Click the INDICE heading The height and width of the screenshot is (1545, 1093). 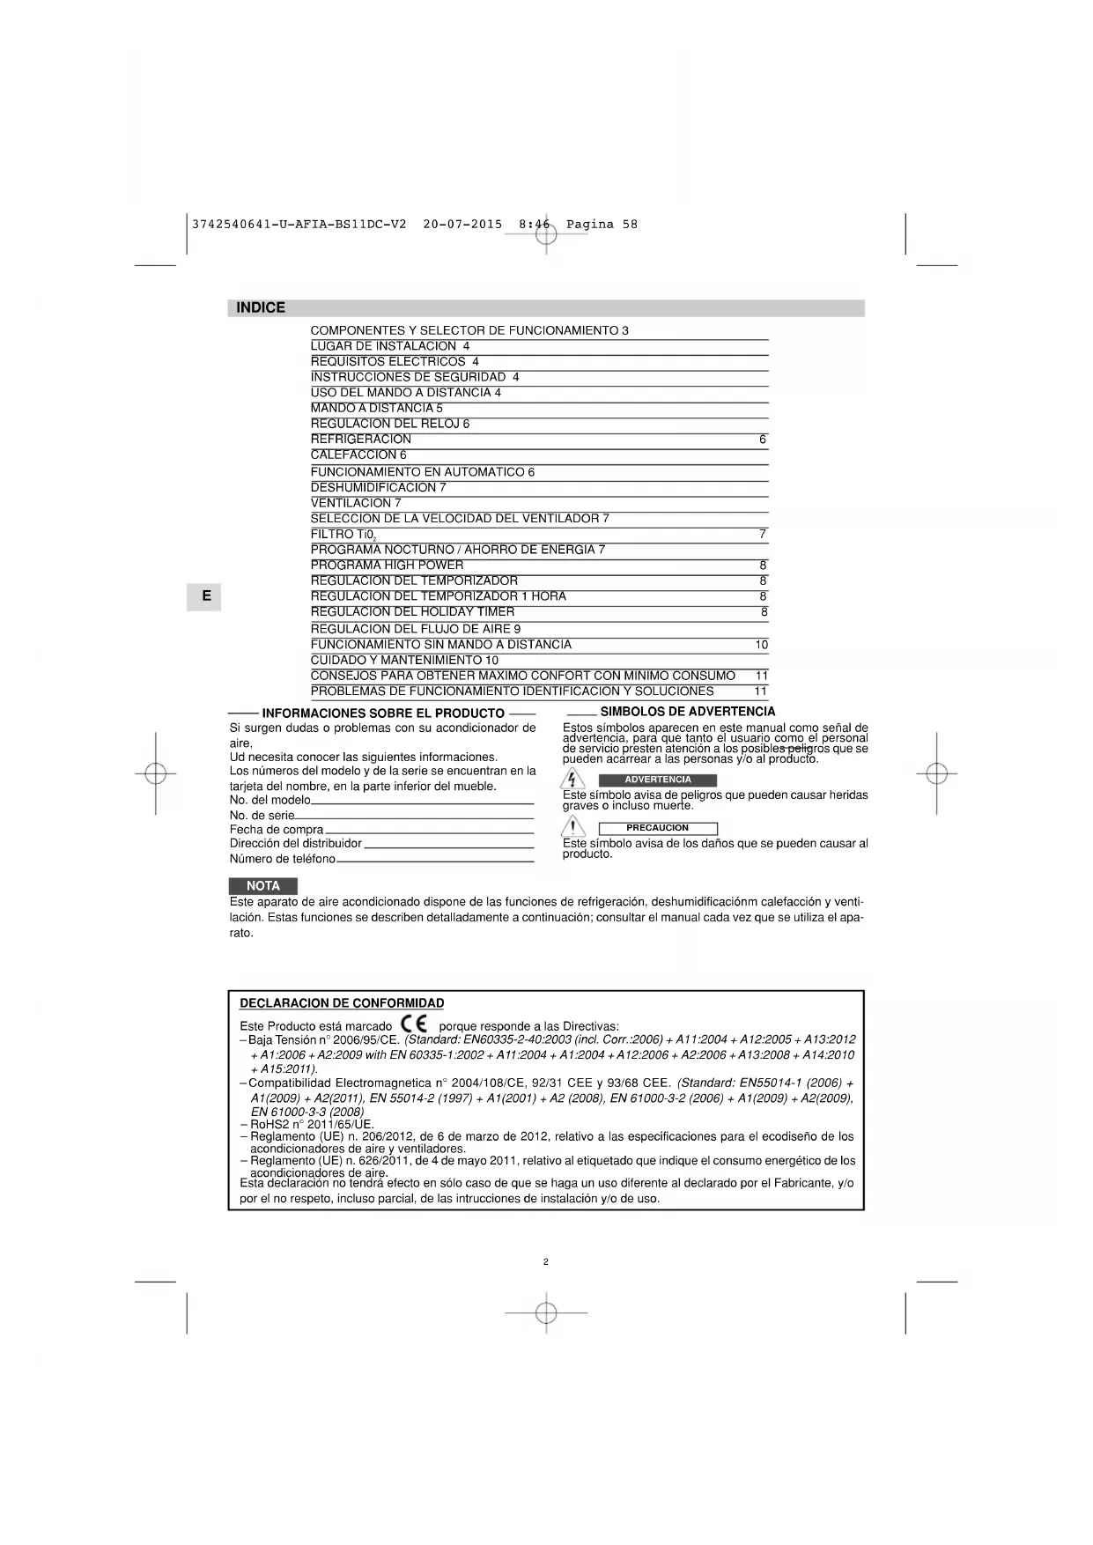(x=261, y=307)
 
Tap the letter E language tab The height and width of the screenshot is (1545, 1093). (x=206, y=596)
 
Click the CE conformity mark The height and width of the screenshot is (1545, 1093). (x=413, y=1024)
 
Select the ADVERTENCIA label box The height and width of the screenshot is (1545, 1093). (x=657, y=780)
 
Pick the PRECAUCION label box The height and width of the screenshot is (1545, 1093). (x=657, y=828)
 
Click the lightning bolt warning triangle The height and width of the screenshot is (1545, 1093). (x=572, y=780)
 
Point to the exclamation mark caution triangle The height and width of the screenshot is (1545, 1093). (x=573, y=827)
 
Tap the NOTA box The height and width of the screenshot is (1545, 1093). (x=262, y=886)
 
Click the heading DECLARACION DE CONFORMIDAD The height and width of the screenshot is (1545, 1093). (x=342, y=1003)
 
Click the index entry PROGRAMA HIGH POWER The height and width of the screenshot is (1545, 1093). (x=387, y=566)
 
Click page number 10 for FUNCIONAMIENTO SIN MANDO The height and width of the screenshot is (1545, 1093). (x=761, y=645)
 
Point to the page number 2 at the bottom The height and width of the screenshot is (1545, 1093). (x=545, y=1261)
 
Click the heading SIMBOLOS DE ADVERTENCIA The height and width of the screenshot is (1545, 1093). (x=687, y=712)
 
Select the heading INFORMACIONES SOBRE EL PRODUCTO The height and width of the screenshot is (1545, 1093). (x=383, y=713)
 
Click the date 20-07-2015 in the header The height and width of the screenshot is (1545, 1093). (x=462, y=225)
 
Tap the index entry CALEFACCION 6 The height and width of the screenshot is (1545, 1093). (x=358, y=455)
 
